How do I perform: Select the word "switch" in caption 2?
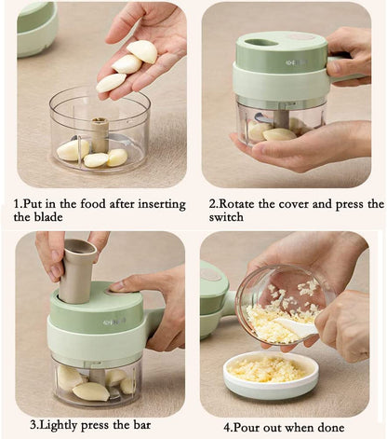227,216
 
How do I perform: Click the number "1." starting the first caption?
18,203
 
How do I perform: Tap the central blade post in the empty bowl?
100,132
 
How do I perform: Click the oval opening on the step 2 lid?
263,42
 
